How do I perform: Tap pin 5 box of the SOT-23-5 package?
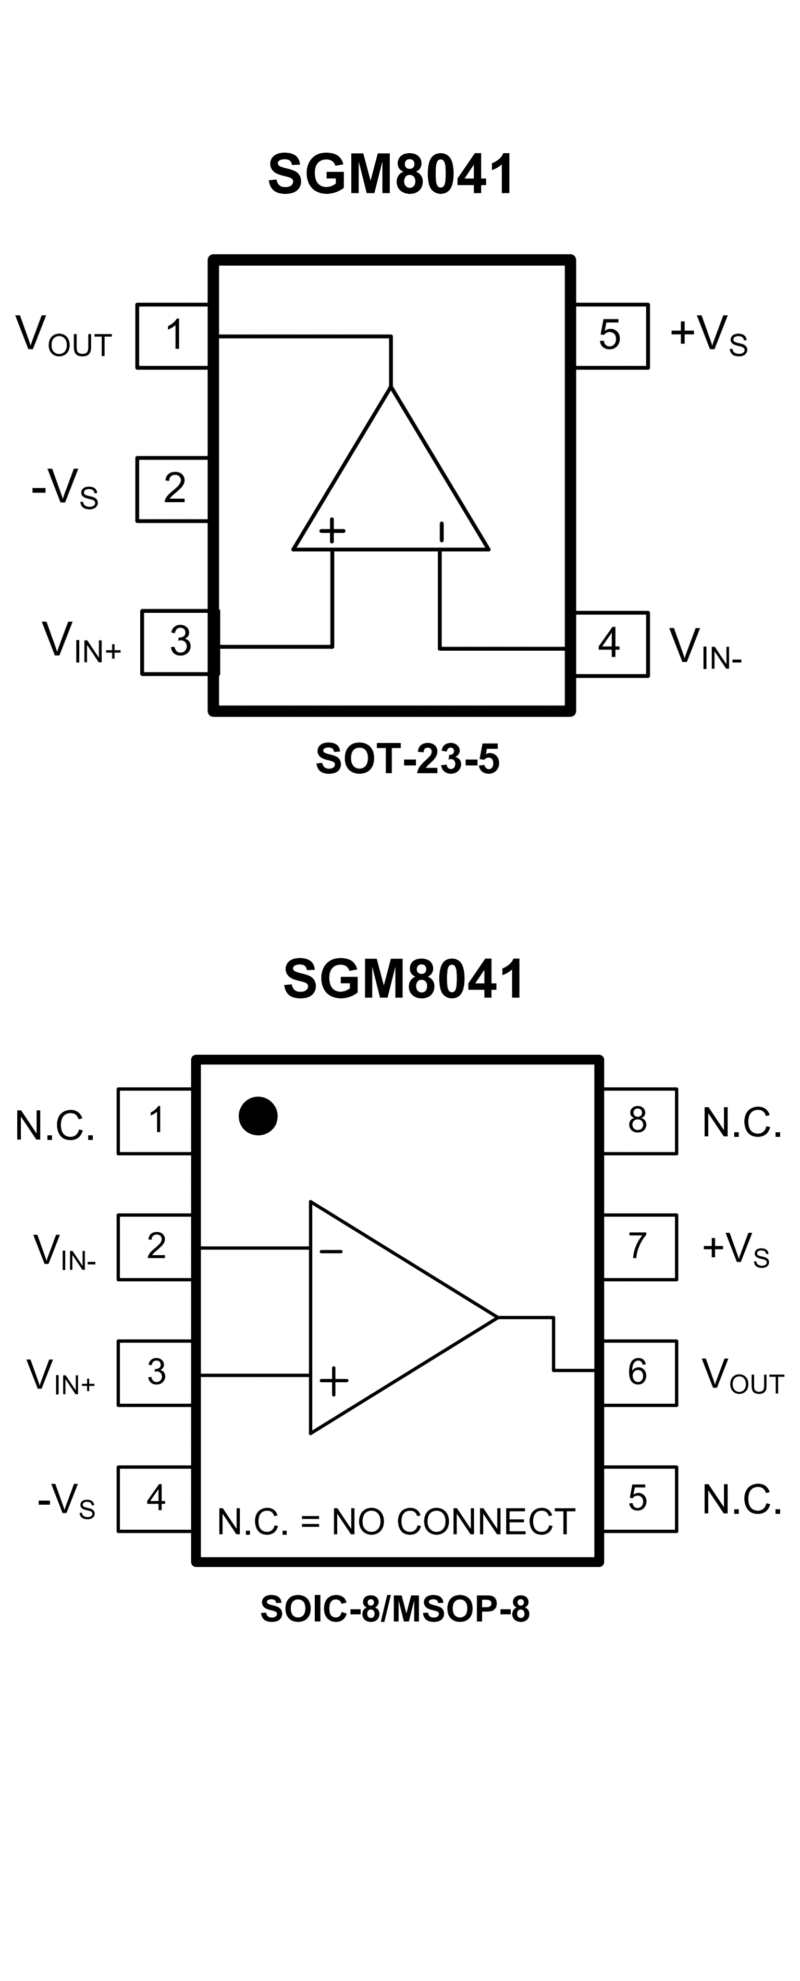point(611,336)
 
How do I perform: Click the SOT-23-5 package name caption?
point(408,759)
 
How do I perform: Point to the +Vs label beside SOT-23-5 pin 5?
point(708,335)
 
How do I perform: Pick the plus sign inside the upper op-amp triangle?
point(333,530)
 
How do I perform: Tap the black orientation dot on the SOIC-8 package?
point(257,1116)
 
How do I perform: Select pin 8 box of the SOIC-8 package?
point(638,1120)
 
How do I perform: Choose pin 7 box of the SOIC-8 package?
point(638,1246)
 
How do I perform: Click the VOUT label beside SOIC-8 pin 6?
point(742,1374)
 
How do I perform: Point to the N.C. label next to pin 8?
point(742,1123)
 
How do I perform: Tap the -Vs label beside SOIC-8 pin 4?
point(67,1500)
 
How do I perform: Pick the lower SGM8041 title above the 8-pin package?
point(404,979)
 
